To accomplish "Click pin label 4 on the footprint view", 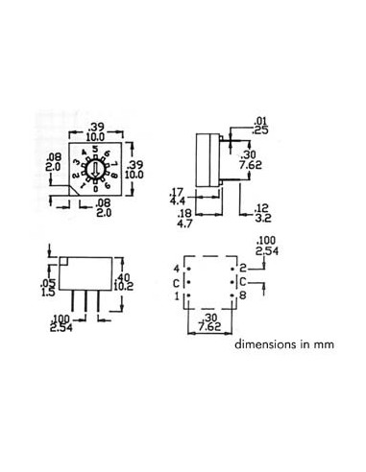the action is (176, 269).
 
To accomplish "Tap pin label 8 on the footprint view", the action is (244, 297).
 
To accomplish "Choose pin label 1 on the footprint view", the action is (176, 297).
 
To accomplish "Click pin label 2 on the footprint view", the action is (244, 269).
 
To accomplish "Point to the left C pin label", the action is (175, 283).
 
